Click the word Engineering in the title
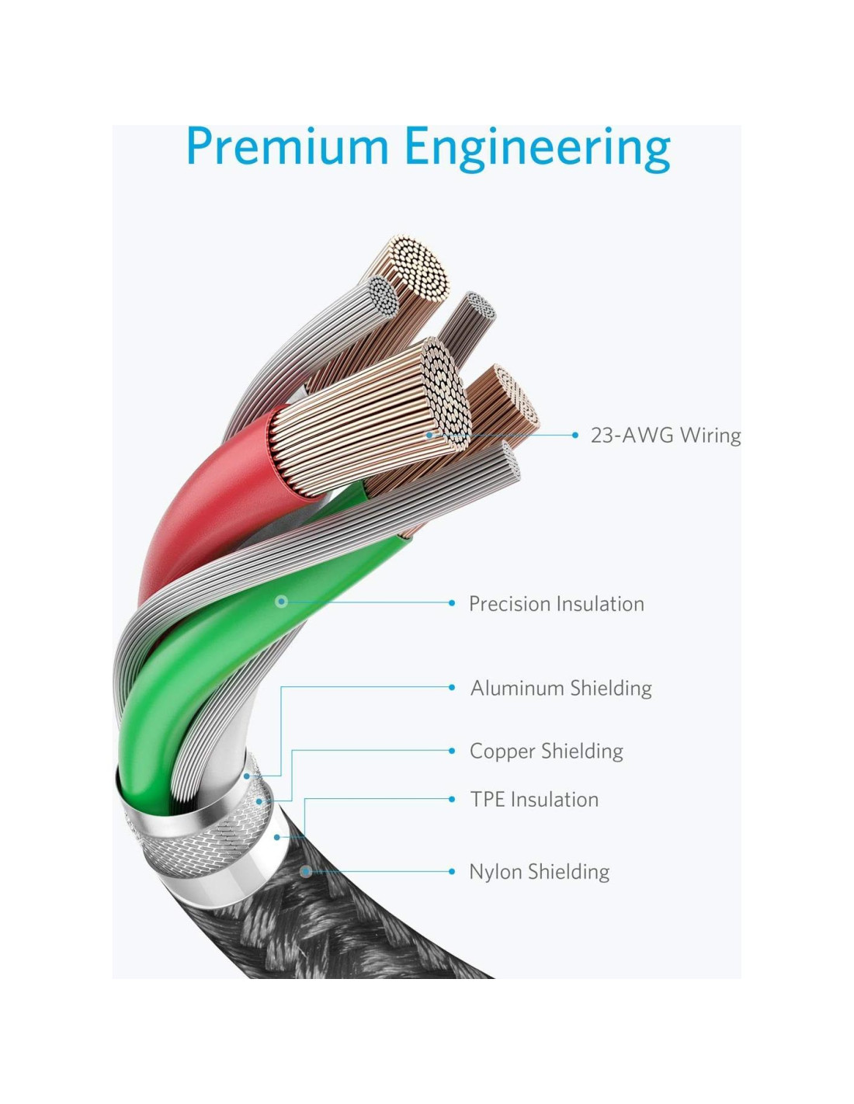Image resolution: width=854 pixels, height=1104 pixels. [537, 148]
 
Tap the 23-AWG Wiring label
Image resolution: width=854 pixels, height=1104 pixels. [665, 435]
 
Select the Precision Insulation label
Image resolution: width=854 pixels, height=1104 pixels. [556, 603]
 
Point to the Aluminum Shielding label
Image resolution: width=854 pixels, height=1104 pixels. [561, 687]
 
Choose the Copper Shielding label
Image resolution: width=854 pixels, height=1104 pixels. [546, 751]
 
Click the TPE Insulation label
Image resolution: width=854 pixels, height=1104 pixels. [534, 799]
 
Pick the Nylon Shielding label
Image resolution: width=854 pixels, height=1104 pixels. [539, 871]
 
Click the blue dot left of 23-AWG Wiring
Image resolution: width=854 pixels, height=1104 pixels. [575, 435]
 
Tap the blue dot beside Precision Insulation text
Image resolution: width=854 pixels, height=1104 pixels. [452, 602]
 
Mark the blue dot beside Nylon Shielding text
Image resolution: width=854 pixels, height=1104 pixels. [452, 871]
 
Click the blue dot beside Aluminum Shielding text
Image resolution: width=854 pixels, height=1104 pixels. [452, 687]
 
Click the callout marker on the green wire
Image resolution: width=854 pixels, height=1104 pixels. [282, 601]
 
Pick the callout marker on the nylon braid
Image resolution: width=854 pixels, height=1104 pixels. [306, 871]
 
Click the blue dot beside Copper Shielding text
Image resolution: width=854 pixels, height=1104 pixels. [452, 751]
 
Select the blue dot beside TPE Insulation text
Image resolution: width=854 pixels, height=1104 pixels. [452, 799]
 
